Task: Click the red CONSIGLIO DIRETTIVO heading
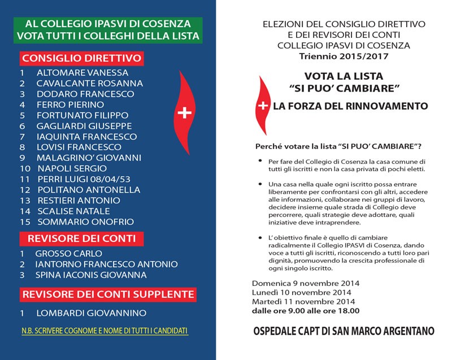[x=81, y=58]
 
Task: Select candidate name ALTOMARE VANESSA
[x=82, y=73]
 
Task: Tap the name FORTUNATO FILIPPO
[x=82, y=115]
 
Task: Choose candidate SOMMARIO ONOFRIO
[x=85, y=222]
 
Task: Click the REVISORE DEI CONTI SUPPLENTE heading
[x=108, y=294]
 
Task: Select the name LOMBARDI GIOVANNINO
[x=91, y=313]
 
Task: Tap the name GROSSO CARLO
[x=69, y=254]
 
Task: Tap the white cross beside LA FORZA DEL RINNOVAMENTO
[x=263, y=106]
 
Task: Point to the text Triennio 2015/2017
[x=336, y=56]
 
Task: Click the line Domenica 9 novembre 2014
[x=306, y=283]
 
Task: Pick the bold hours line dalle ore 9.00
[x=306, y=310]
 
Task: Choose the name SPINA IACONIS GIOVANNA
[x=91, y=275]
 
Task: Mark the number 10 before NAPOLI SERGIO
[x=25, y=168]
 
